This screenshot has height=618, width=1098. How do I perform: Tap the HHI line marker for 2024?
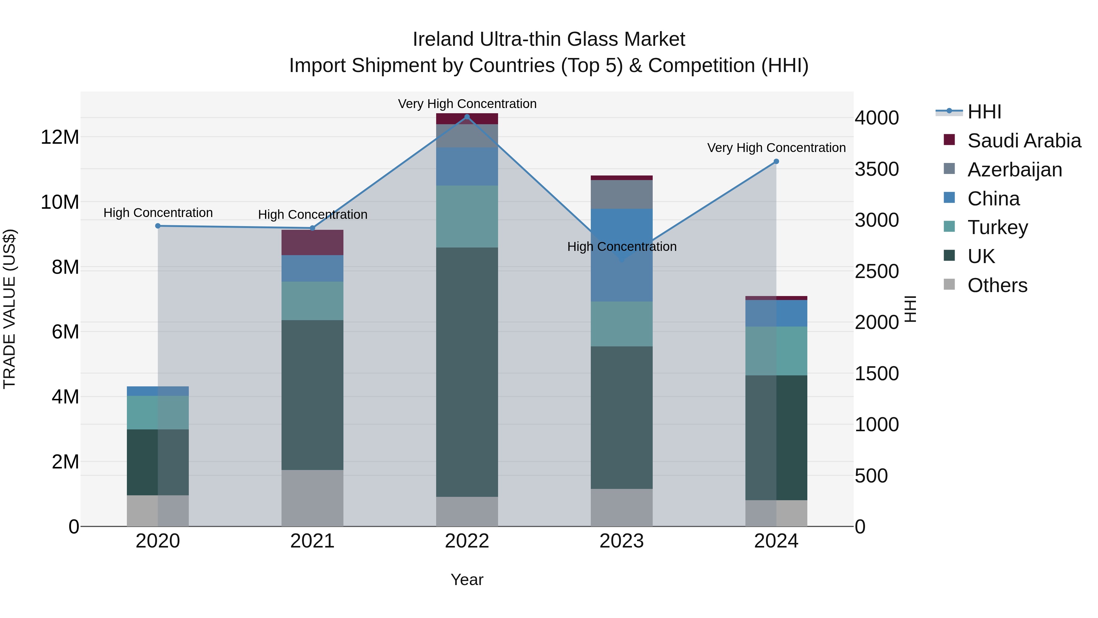776,162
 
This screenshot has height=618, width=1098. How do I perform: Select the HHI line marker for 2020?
158,226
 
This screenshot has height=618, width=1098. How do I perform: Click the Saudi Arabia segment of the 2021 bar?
312,242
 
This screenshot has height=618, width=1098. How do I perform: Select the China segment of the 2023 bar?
622,255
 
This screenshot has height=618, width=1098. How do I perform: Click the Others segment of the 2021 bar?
312,498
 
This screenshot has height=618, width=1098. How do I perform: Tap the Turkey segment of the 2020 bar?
158,412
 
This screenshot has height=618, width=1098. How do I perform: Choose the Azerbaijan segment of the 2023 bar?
622,194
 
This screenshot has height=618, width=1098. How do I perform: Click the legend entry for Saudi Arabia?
1023,141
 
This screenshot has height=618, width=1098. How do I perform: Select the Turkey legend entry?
997,227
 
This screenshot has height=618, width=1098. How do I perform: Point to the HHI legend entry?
984,112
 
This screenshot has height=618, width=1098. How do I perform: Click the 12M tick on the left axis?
60,137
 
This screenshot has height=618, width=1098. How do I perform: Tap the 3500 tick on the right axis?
877,169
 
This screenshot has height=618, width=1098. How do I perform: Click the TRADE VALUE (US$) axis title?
9,309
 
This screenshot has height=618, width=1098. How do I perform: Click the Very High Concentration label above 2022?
467,104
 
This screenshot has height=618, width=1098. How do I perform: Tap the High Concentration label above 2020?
158,212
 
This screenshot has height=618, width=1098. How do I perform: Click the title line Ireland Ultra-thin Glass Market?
549,39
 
